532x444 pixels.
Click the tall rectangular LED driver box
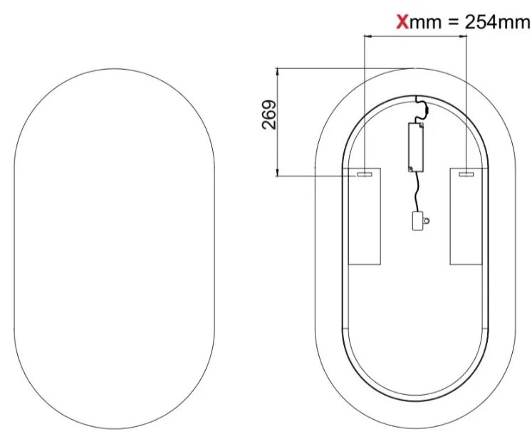[x=415, y=147]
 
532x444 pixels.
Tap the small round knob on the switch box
[x=426, y=221]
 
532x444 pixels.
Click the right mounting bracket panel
[x=466, y=217]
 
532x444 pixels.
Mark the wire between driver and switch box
[x=414, y=191]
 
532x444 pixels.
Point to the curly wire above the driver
[x=421, y=110]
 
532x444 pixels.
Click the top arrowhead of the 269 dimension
[x=277, y=70]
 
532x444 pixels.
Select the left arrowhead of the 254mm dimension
[x=366, y=38]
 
